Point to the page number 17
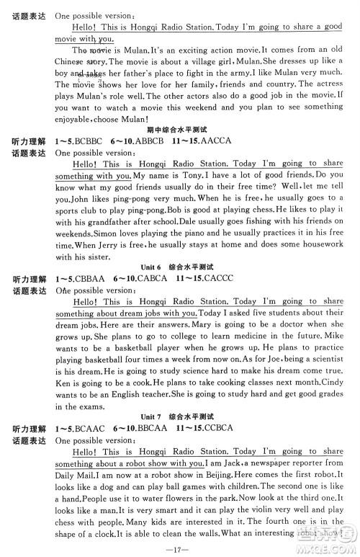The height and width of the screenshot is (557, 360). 181,546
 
